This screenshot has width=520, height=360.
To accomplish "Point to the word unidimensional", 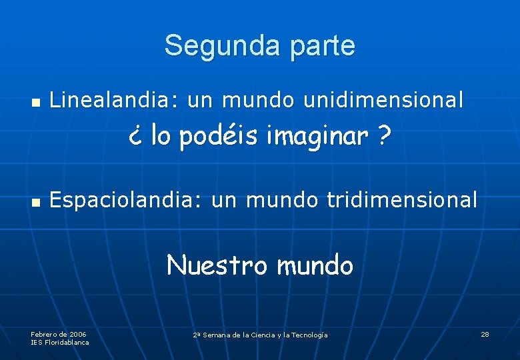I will [383, 100].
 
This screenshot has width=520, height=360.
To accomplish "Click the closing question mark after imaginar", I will [383, 137].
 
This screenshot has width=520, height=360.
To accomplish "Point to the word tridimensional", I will [402, 199].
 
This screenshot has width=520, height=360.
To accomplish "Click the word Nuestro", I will [217, 265].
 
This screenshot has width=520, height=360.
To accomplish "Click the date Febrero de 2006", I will [59, 333].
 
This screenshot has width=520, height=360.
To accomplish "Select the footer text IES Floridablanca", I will [60, 342].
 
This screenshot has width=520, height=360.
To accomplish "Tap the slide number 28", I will [485, 333].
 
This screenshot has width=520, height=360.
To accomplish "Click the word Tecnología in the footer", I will [305, 335].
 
